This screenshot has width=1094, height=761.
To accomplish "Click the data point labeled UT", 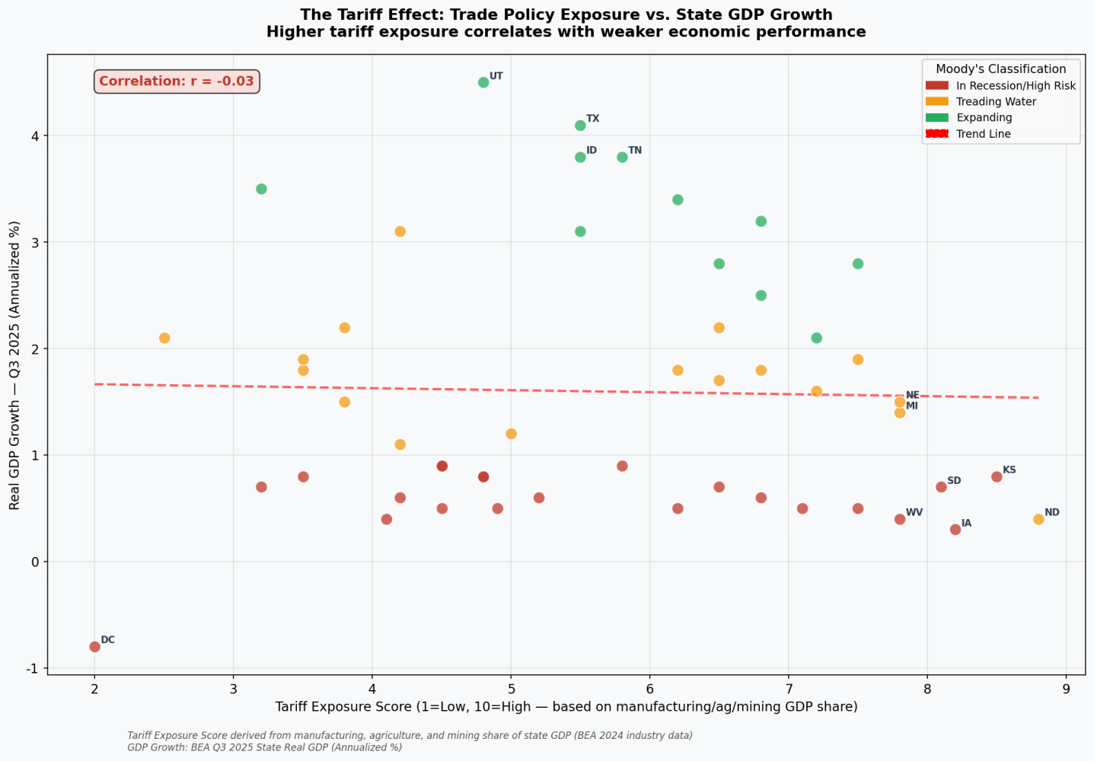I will pos(483,82).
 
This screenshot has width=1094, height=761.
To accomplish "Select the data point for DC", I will pos(94,647).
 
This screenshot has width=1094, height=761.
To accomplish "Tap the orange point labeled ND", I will pos(1038,519).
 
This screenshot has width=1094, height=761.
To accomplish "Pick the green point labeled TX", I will pos(580,125).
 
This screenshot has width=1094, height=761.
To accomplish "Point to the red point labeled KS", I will pos(997,476).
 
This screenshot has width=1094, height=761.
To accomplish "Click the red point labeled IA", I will pos(955,530).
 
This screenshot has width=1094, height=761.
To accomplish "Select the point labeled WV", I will pos(900,519).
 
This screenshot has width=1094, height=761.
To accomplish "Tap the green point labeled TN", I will pos(622,157).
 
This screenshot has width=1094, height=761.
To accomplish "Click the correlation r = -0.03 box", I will pos(177,81).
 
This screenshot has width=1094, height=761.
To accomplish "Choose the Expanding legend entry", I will pos(984,118).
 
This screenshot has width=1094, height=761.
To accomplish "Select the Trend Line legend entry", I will pos(983,134).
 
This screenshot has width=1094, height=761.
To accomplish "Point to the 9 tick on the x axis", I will pos(1066,689).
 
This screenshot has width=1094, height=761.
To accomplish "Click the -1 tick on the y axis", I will pos(32,668).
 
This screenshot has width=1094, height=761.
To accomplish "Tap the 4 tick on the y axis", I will pos(34,135).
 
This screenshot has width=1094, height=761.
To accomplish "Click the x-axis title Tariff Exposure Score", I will pos(566,707).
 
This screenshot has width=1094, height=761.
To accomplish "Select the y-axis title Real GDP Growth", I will pos(14,365).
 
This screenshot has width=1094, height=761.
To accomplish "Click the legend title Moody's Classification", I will pos(1000,69).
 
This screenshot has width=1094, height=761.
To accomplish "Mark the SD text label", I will pos(954,481).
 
